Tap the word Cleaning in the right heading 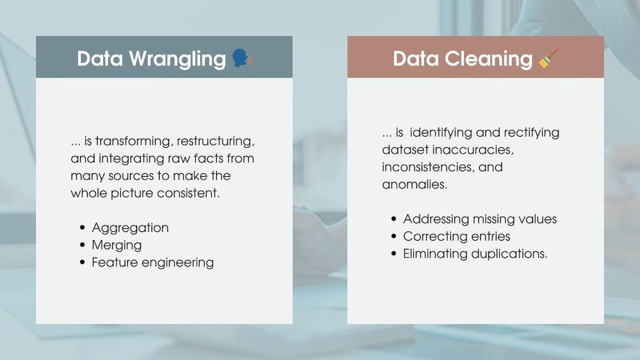point(490,59)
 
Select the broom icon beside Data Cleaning point(548,58)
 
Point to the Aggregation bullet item point(130,228)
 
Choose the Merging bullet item point(117,245)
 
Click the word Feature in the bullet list point(113,262)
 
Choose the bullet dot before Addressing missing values point(394,219)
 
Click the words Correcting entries point(457,236)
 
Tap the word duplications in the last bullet point(509,254)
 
